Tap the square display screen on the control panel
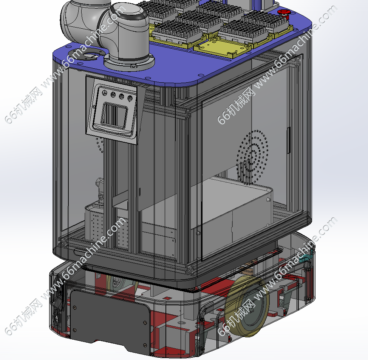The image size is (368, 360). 114,115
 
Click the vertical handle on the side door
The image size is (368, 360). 289,140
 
